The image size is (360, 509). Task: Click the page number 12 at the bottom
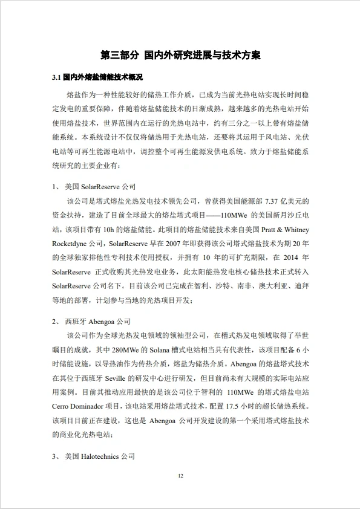pyautogui.click(x=180, y=476)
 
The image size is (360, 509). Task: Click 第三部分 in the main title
pyautogui.click(x=119, y=55)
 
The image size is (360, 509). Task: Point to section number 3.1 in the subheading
pyautogui.click(x=57, y=78)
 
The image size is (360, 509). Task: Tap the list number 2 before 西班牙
pyautogui.click(x=55, y=322)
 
